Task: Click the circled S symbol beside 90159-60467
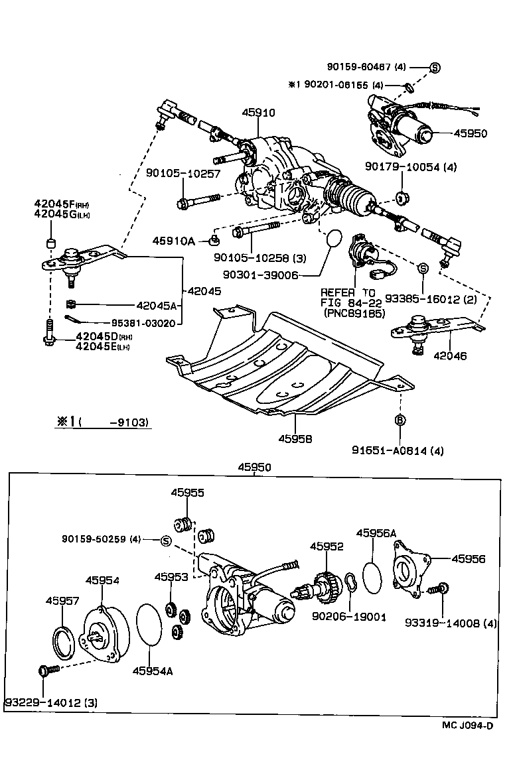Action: click(x=435, y=67)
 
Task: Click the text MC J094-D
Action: click(x=468, y=743)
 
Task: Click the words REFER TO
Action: click(x=347, y=292)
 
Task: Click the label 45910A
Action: click(x=173, y=241)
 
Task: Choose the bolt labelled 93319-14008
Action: click(x=439, y=588)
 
